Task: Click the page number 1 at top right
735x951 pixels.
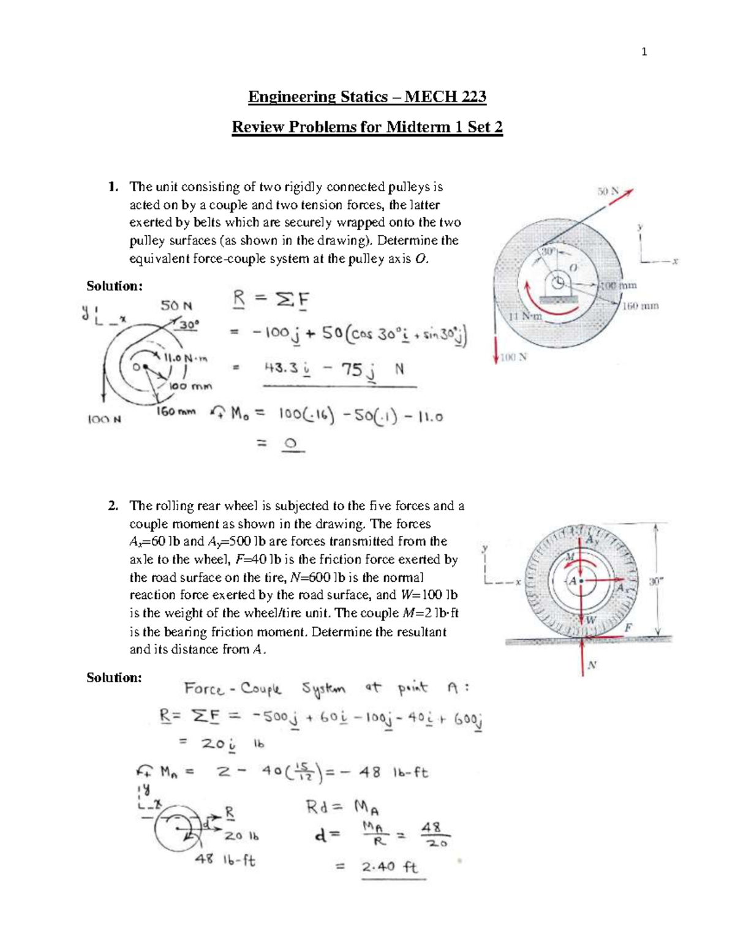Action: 644,52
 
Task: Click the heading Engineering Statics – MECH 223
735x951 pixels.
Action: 367,97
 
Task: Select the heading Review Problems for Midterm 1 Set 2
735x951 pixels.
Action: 367,127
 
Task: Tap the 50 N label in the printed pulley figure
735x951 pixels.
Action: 608,192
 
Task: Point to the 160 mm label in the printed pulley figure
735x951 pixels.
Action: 640,306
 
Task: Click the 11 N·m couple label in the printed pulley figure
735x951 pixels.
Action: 526,317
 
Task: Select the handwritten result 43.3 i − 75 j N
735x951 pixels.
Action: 334,370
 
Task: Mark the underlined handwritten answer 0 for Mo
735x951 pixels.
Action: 292,444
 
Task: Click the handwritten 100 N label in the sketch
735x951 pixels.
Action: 104,419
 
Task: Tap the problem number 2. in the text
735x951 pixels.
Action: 113,506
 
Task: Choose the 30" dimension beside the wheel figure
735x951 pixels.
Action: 655,582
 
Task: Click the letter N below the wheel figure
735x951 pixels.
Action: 592,666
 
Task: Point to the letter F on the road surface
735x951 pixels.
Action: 627,628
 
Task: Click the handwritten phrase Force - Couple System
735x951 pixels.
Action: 233,690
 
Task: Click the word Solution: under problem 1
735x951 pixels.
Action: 114,286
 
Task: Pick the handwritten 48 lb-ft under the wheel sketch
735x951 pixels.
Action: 225,860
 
